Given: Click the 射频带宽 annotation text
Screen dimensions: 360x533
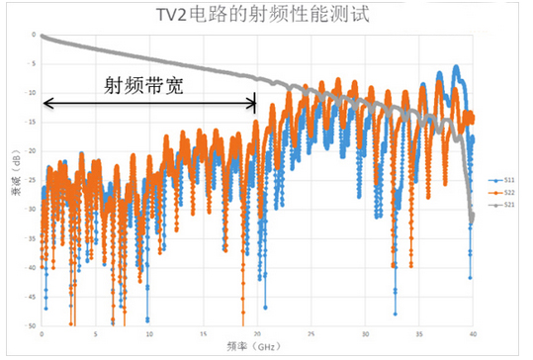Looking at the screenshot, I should pos(144,85).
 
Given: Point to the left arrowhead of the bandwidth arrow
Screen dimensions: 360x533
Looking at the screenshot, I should pos(46,101).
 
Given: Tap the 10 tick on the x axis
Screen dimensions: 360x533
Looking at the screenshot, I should pos(148,333).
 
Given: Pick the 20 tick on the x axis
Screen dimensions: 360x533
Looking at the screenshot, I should pos(257,333).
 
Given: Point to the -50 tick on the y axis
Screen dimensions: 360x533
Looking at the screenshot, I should pos(30,324).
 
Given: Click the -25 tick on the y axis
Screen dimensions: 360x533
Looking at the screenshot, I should pos(30,180).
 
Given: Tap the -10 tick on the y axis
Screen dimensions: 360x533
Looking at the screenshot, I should pos(30,93).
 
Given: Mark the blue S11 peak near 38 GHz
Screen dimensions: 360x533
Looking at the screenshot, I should pos(456,68).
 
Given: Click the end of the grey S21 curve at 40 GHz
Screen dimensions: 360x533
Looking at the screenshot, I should pos(473,218).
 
